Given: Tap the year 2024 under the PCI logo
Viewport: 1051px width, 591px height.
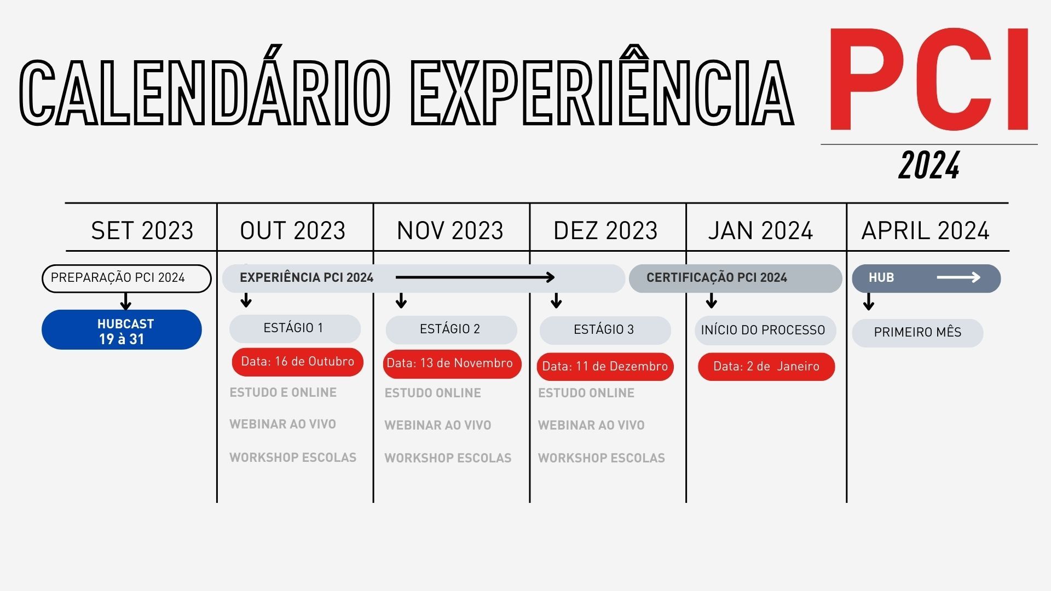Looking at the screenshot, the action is pyautogui.click(x=929, y=165).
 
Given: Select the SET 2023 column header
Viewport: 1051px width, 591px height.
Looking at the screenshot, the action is pyautogui.click(x=142, y=230).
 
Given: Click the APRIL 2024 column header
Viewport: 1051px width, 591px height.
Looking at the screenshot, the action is pyautogui.click(x=925, y=230).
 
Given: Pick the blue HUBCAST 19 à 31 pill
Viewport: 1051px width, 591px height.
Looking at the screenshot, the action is pyautogui.click(x=122, y=329).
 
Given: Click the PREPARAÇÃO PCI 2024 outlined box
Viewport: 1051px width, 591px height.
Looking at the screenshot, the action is pyautogui.click(x=126, y=278).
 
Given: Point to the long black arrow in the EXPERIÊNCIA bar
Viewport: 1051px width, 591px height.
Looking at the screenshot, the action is pyautogui.click(x=475, y=277).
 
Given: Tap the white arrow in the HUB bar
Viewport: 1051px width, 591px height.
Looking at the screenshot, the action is pyautogui.click(x=958, y=277).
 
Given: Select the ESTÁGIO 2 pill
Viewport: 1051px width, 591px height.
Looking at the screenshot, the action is pyautogui.click(x=451, y=329).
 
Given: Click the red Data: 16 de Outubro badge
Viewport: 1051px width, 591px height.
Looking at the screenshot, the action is pyautogui.click(x=297, y=362).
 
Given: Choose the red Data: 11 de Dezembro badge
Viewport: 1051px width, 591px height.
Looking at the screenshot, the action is pyautogui.click(x=605, y=366).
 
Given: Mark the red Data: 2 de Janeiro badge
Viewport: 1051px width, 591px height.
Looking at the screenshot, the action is pyautogui.click(x=766, y=366).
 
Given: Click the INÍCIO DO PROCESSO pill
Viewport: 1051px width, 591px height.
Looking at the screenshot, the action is pyautogui.click(x=765, y=330).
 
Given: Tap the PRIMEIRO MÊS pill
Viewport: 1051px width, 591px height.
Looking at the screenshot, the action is pyautogui.click(x=917, y=333).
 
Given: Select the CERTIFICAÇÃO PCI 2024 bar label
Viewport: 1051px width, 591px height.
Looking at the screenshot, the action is pyautogui.click(x=717, y=277).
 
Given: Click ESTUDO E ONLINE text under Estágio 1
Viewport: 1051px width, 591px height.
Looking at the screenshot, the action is pyautogui.click(x=283, y=392).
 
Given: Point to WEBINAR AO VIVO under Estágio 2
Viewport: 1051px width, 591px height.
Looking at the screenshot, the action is pyautogui.click(x=438, y=425).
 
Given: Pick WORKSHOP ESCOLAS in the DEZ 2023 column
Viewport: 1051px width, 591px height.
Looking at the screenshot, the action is pyautogui.click(x=602, y=458).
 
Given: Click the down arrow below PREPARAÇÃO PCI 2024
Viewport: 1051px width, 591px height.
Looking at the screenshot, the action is pyautogui.click(x=126, y=302).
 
